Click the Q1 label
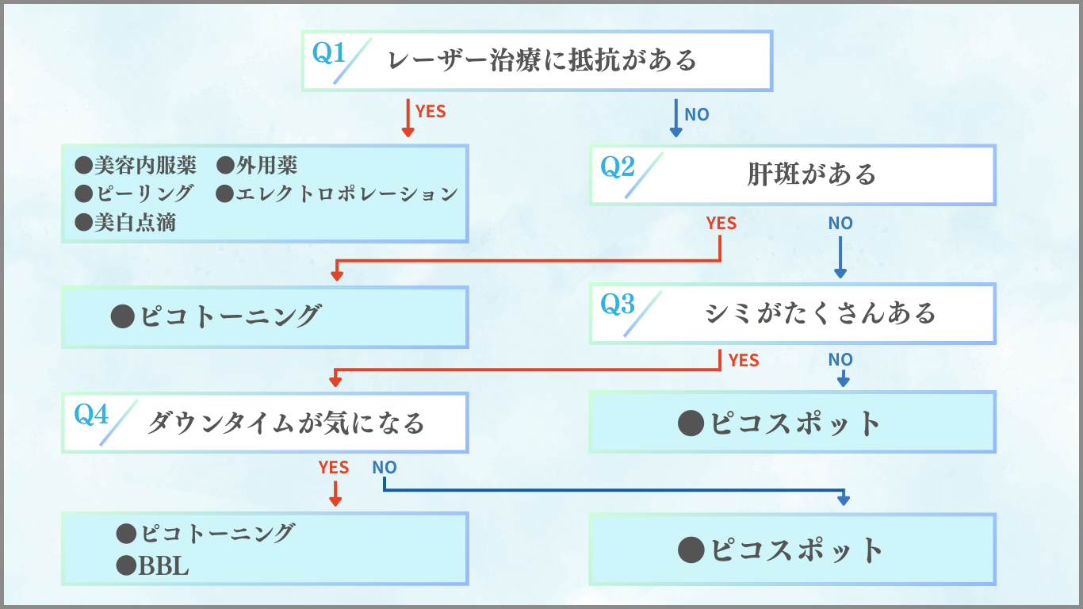coord(329,53)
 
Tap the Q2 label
coord(618,167)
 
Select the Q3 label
coord(618,304)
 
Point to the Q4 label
coord(91,414)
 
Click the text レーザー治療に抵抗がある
coord(542,60)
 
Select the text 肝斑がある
coord(811,174)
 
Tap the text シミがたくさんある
coord(820,313)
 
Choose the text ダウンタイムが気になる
coord(285,423)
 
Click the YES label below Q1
coord(431,112)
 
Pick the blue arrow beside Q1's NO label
coord(676,118)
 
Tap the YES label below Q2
coord(721,224)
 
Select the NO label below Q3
coord(840,361)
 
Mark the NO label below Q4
coord(385,468)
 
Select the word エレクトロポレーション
coord(346,193)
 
